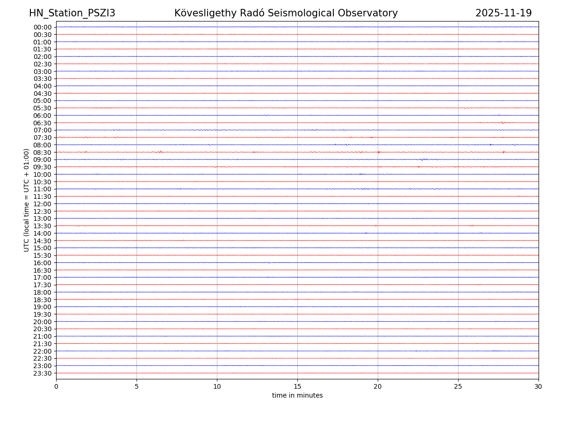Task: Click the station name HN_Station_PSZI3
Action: tap(72, 13)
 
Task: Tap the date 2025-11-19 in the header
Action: tap(503, 13)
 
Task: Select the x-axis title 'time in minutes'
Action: tap(297, 396)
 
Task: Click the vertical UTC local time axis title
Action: tap(27, 200)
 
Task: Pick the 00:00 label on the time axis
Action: tap(42, 27)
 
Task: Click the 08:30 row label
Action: tap(42, 152)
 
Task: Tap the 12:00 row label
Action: tap(42, 204)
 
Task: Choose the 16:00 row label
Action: tap(42, 263)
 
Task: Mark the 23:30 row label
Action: tap(42, 373)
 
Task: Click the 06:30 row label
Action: tap(42, 123)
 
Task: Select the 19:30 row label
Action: tap(42, 314)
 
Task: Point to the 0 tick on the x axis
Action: tap(56, 386)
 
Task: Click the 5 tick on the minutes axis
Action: tap(137, 386)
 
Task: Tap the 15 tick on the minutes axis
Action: tap(297, 386)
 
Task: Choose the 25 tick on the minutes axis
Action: tap(458, 386)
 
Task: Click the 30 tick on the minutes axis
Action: tap(539, 386)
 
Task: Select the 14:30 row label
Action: tap(42, 241)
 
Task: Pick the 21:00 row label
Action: tap(42, 336)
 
